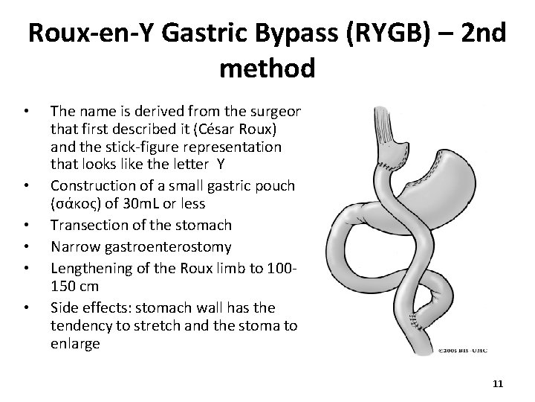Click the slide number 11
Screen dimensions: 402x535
coord(498,383)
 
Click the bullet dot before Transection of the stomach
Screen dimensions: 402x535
coord(27,225)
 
